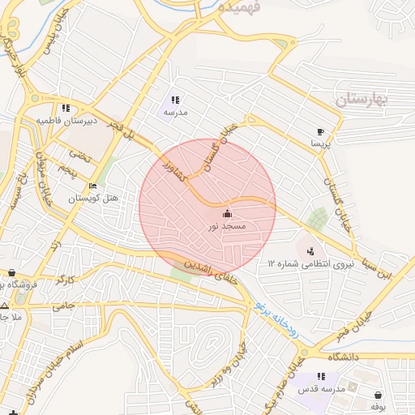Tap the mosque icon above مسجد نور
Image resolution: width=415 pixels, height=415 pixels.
[225, 214]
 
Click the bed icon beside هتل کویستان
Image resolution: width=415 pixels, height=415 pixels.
[92, 186]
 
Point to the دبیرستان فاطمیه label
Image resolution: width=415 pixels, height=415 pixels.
[66, 121]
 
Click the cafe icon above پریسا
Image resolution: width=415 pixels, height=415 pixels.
[321, 130]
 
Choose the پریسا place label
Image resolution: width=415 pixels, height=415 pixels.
[321, 143]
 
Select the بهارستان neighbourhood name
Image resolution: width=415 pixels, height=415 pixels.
[362, 100]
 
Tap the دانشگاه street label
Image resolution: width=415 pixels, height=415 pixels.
[344, 357]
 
